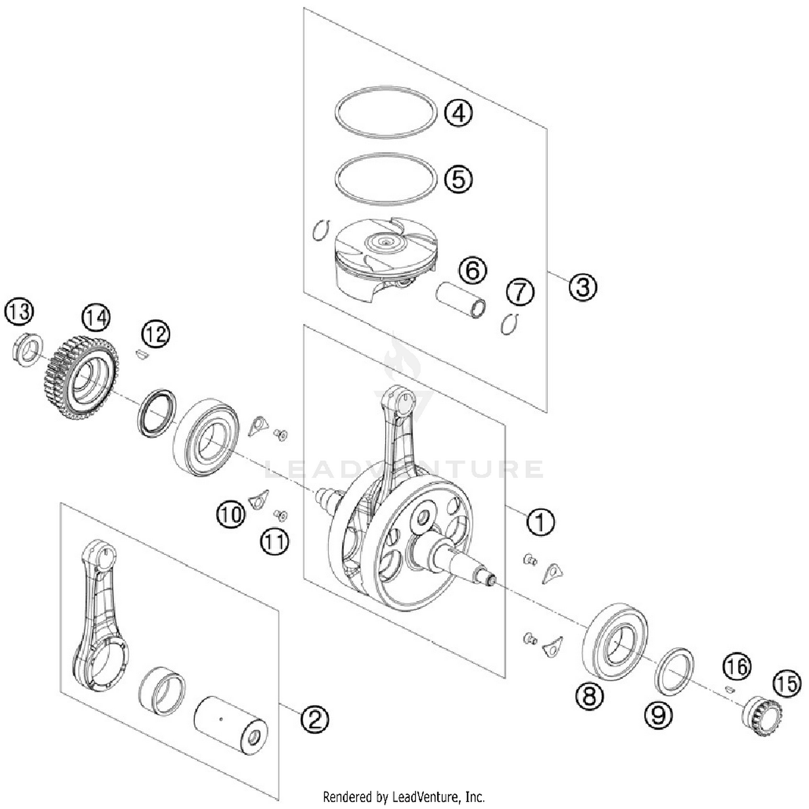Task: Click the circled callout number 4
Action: tap(458, 113)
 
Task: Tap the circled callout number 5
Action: tap(458, 179)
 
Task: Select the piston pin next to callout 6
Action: tap(460, 300)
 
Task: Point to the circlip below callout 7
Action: tap(509, 324)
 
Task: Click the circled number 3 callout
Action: tap(583, 286)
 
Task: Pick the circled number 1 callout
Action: tap(540, 522)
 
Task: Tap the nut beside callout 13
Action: tap(28, 348)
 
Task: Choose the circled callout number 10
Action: tap(231, 514)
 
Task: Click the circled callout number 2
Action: tap(314, 718)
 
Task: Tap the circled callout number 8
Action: tap(589, 695)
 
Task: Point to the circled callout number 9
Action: tap(658, 715)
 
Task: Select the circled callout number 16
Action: tap(737, 667)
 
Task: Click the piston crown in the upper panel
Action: tap(385, 241)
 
